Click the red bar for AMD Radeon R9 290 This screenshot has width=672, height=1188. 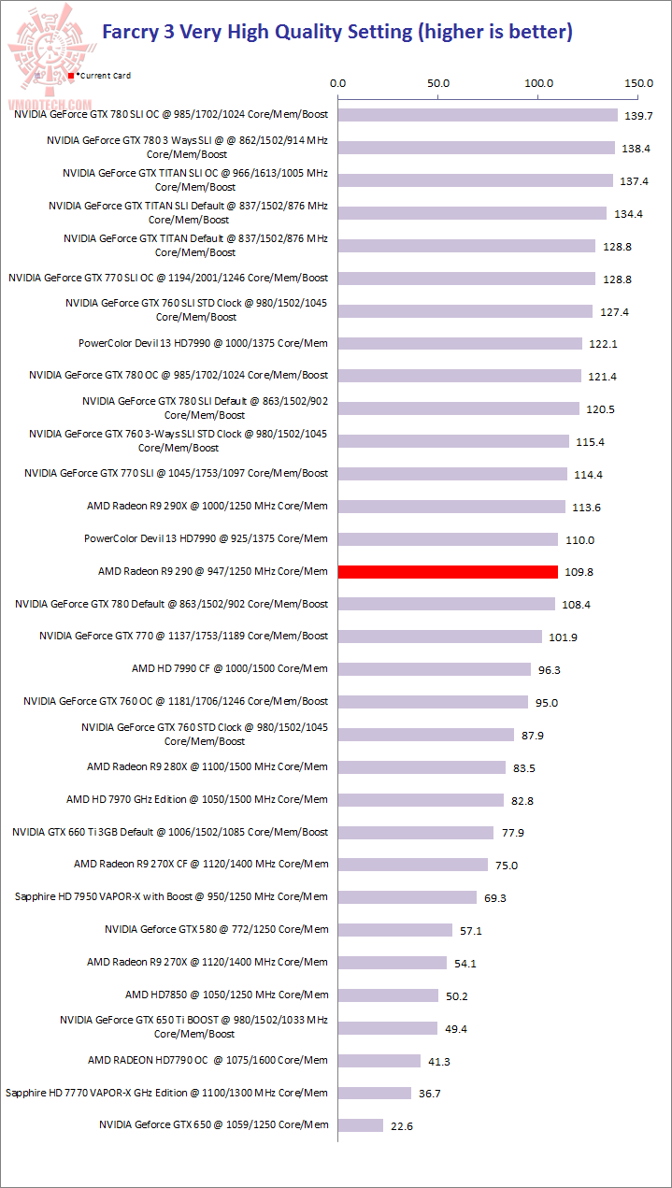coord(448,571)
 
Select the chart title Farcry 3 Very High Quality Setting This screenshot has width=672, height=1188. coord(336,32)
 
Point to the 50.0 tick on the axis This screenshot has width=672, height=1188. coord(438,83)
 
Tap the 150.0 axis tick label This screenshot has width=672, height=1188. coord(639,83)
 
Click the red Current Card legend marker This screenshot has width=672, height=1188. coord(72,75)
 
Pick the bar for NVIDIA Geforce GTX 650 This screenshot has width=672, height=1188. coord(361,1124)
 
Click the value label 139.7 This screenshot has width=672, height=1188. coord(640,116)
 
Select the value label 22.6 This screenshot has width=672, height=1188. coord(402,1126)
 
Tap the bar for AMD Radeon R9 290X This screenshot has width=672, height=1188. coord(451,506)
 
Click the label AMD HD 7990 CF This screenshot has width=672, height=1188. coord(230,668)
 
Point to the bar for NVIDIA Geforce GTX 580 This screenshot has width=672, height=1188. coord(395,929)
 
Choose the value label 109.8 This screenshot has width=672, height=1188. coord(579,572)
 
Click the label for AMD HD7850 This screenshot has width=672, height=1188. coord(226,995)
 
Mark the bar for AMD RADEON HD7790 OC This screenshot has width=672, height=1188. coord(379,1060)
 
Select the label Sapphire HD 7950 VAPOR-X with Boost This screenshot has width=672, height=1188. coord(171,896)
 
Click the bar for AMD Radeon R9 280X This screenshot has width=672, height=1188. coord(422,766)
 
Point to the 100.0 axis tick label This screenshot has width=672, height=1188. coord(539,83)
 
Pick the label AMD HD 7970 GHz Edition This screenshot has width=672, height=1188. coord(197,799)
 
